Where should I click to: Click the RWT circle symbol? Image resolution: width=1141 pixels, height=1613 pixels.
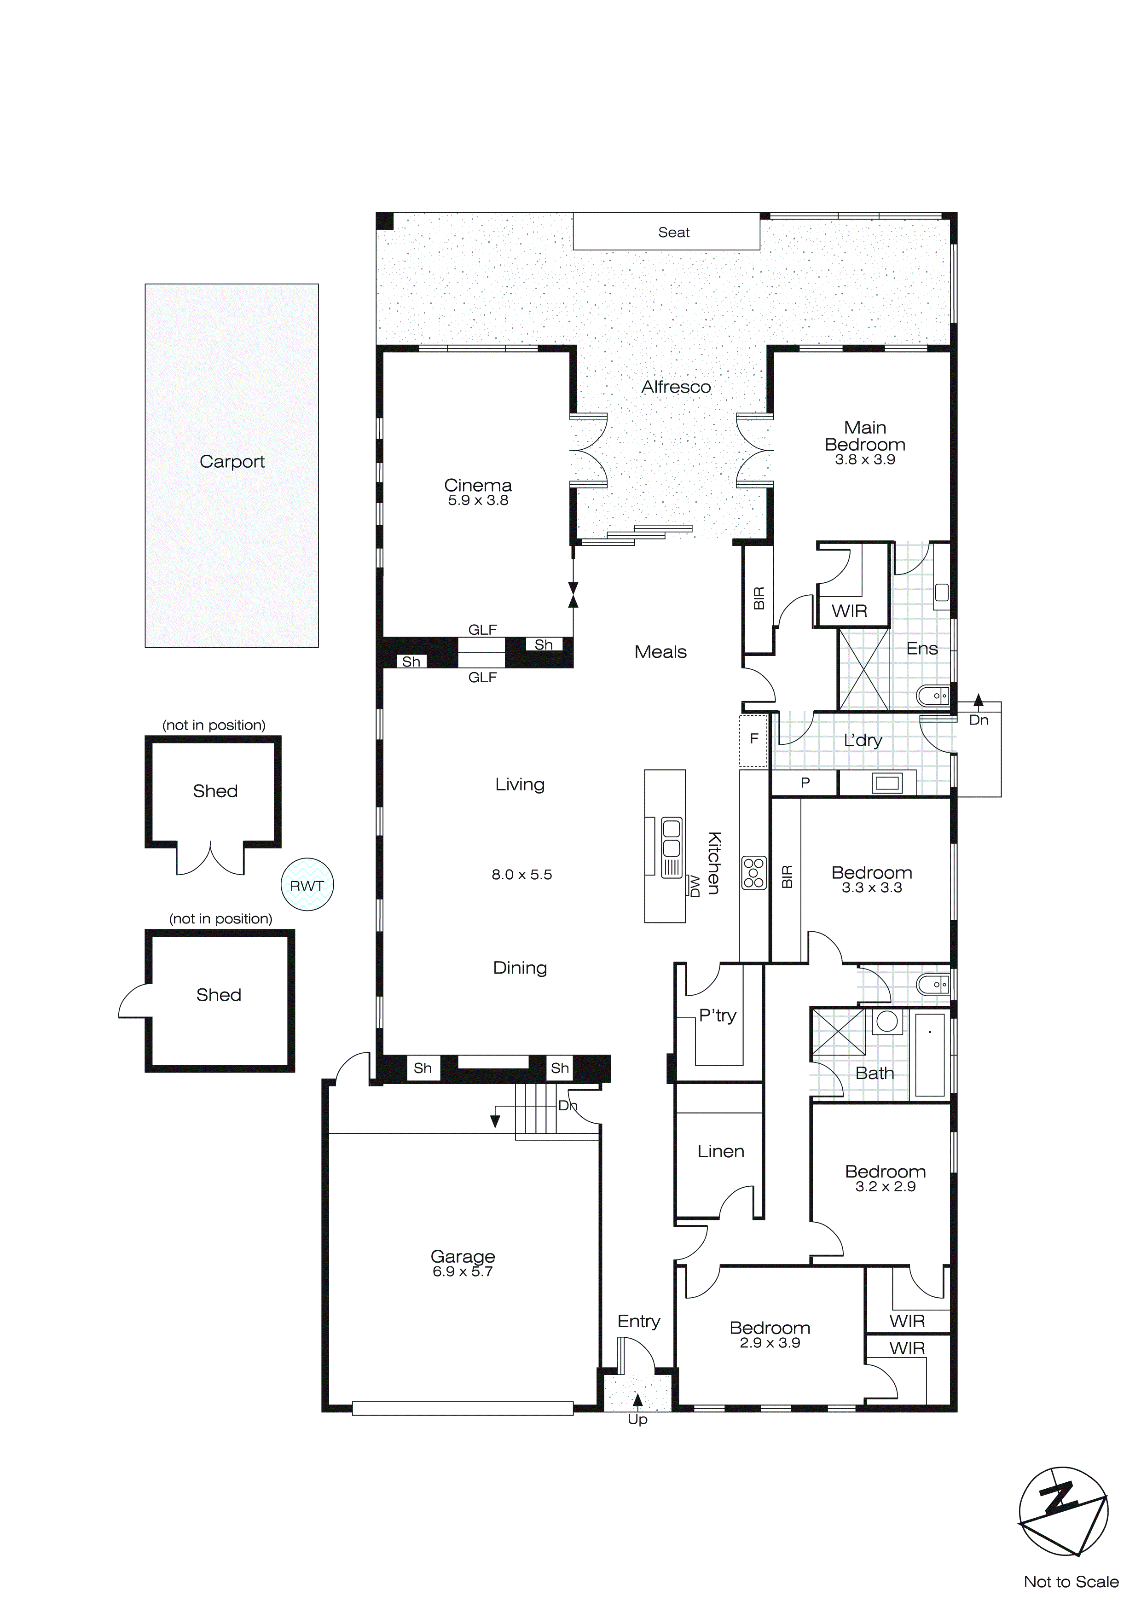tap(307, 885)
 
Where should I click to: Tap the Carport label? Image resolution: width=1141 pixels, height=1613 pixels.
tap(232, 462)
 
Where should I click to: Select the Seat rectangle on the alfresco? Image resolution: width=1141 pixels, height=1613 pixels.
tap(666, 232)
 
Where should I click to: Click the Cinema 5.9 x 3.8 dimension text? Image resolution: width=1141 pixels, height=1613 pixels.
tap(478, 501)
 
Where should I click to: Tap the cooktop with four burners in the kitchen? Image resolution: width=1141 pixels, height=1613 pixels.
tap(754, 873)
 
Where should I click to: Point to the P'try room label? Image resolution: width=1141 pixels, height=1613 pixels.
tap(718, 1016)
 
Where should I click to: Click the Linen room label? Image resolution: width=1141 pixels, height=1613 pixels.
tap(720, 1151)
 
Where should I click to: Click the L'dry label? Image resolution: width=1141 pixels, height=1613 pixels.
tap(862, 741)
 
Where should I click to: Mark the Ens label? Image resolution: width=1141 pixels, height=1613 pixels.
tap(922, 649)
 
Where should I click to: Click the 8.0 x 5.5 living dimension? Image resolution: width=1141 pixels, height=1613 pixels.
tap(521, 875)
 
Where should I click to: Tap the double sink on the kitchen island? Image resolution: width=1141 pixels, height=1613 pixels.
tap(672, 838)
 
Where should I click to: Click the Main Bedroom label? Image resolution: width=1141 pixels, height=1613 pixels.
tap(865, 436)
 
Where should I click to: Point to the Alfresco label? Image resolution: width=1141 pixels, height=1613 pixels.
tap(676, 387)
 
